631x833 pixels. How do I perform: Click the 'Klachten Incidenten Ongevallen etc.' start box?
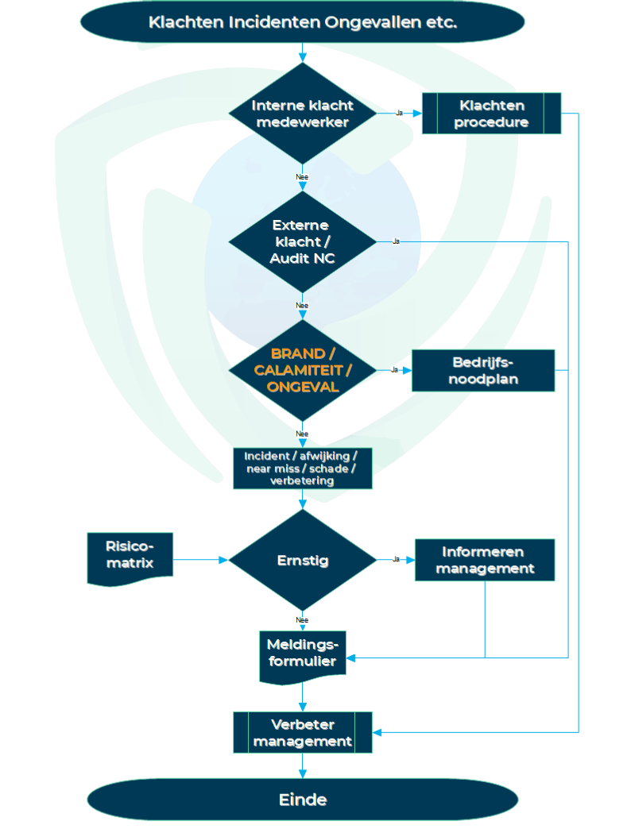[302, 21]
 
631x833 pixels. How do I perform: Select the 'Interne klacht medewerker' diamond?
[302, 114]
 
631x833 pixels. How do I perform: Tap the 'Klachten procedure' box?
[491, 114]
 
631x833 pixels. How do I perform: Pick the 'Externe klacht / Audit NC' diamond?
[302, 241]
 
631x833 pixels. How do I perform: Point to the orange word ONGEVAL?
[303, 387]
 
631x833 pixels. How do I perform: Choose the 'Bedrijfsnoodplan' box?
[483, 370]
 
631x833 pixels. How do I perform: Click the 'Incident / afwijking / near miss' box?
[302, 469]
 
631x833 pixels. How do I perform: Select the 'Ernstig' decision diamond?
[302, 560]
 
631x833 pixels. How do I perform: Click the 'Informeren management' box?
[484, 560]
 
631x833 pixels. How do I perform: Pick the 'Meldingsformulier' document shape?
[302, 653]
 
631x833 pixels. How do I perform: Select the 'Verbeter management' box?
[302, 732]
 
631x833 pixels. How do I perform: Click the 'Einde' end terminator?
[302, 800]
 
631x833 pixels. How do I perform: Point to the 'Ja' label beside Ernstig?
[396, 560]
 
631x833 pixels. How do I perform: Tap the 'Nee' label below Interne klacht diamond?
[302, 177]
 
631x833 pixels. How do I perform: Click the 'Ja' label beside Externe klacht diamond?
[396, 241]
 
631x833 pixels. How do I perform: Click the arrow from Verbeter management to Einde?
[302, 766]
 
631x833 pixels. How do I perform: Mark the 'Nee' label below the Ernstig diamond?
[302, 619]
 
